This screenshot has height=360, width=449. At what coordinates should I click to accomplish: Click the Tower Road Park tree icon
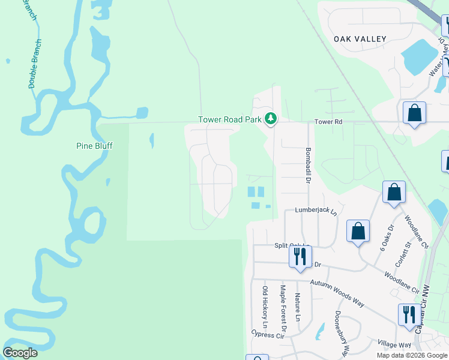click(x=271, y=119)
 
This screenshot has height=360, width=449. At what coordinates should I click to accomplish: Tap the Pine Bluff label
click(x=95, y=146)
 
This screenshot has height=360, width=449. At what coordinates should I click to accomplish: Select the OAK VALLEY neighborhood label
click(x=360, y=39)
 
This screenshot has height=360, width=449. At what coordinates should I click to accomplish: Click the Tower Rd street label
click(x=328, y=122)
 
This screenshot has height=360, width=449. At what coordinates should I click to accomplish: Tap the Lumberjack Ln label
click(x=316, y=211)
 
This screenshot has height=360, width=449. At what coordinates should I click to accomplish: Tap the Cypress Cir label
click(x=267, y=335)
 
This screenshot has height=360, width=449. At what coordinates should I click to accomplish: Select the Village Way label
click(x=394, y=345)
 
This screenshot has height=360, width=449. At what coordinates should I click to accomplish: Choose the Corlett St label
click(x=400, y=255)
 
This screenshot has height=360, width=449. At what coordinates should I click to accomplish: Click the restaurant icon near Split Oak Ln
click(x=298, y=256)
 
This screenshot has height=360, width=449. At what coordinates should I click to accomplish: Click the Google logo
click(x=20, y=353)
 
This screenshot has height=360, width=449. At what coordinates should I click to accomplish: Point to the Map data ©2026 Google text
click(x=412, y=355)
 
